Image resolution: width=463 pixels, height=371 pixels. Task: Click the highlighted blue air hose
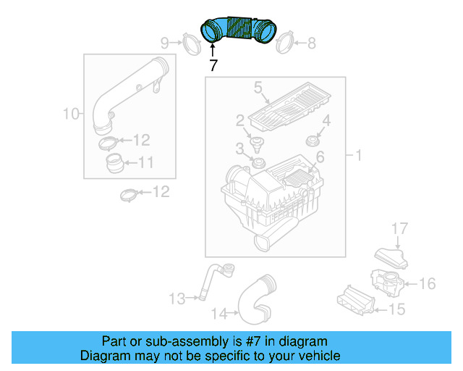click(239, 30)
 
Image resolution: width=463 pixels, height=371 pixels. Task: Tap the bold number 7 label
click(213, 64)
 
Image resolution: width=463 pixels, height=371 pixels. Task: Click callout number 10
click(71, 113)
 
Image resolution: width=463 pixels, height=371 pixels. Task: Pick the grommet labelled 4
click(312, 139)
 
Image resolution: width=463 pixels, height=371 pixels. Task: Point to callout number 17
click(400, 229)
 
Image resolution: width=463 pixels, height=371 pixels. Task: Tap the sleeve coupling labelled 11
click(114, 162)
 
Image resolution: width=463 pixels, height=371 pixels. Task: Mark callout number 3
click(239, 149)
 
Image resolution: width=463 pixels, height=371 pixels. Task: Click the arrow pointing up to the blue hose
click(213, 49)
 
